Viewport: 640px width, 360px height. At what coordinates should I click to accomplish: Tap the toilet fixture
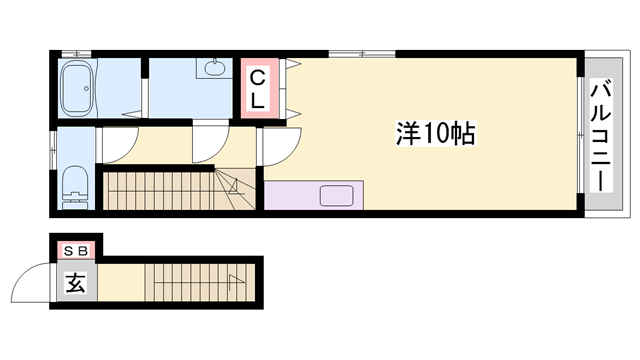pos(75,184)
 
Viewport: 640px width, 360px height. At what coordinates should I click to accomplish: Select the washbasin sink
pos(213,70)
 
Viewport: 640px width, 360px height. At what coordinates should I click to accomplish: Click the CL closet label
pos(258,88)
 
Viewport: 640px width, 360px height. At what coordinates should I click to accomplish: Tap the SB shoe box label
pos(76,250)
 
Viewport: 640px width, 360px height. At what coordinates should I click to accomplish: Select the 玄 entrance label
pos(76,282)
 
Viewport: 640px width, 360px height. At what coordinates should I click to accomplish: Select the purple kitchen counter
pos(315,194)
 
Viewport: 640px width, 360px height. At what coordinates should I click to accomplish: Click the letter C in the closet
pos(257,77)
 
